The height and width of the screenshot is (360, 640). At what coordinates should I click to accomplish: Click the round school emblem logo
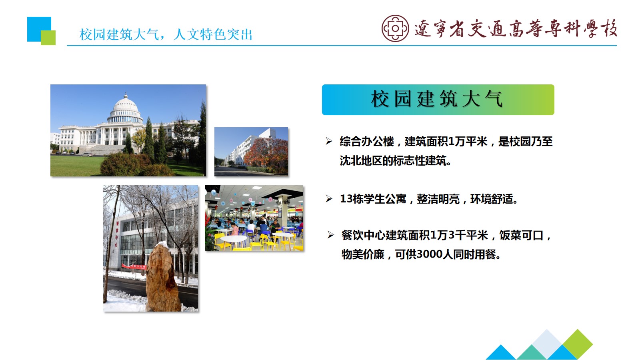point(395,28)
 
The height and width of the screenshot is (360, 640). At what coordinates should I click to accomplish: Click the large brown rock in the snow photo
point(162,277)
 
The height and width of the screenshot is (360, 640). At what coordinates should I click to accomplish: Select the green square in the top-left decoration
point(48,38)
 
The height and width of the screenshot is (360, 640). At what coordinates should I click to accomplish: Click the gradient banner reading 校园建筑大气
point(438,100)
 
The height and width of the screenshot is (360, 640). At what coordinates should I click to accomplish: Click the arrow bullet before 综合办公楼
point(329,141)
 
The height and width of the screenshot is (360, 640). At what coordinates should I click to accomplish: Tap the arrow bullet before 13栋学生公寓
point(329,198)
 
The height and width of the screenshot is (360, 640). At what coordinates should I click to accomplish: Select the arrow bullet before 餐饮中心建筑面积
point(330,235)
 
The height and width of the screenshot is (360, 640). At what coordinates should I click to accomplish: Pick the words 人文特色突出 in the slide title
point(213,34)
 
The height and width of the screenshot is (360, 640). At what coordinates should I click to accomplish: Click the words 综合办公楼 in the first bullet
point(366,142)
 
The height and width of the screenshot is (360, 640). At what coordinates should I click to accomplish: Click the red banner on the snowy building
point(134,266)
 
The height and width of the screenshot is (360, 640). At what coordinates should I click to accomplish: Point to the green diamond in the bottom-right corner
point(578,344)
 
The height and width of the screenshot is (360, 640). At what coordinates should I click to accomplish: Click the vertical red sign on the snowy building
point(116,234)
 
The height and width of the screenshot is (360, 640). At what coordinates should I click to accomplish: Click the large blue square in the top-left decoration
point(39,29)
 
